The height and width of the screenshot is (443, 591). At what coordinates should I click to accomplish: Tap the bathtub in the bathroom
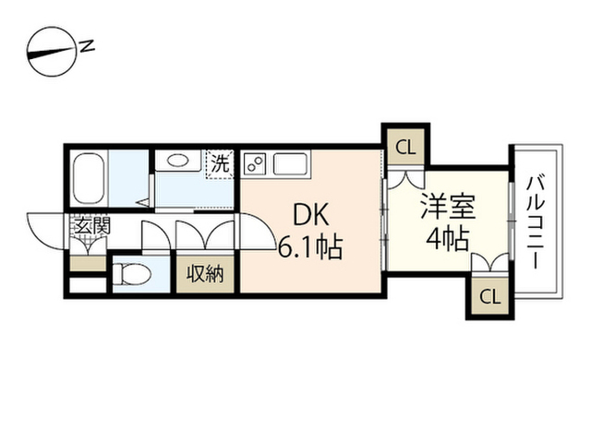[x=90, y=179]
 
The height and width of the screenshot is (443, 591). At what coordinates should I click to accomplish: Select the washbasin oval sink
[x=177, y=161]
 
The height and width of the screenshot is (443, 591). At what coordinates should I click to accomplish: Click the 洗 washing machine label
[x=220, y=164]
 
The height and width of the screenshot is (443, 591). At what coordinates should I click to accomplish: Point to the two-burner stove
[x=255, y=163]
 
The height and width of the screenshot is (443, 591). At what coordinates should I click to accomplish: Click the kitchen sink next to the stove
[x=290, y=163]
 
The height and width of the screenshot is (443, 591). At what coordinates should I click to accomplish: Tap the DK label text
[x=311, y=215]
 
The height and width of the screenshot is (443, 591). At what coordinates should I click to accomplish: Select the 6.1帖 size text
[x=310, y=247]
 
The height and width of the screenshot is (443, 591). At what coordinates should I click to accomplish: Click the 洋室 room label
[x=448, y=206]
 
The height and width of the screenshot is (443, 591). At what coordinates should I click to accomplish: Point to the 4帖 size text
[x=447, y=239]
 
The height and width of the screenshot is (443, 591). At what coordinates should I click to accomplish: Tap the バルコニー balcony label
[x=536, y=222]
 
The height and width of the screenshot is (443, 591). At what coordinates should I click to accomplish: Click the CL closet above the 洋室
[x=405, y=148]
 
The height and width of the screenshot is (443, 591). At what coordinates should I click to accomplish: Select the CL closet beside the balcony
[x=489, y=296]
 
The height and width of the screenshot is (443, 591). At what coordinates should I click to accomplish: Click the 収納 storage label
[x=205, y=274]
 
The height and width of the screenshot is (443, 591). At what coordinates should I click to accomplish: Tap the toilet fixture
[x=132, y=274]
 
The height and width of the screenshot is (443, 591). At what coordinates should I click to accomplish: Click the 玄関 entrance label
[x=92, y=225]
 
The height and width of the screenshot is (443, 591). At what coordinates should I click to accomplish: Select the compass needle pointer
[x=52, y=53]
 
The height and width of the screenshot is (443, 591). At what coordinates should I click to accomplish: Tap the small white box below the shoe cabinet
[x=88, y=285]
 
